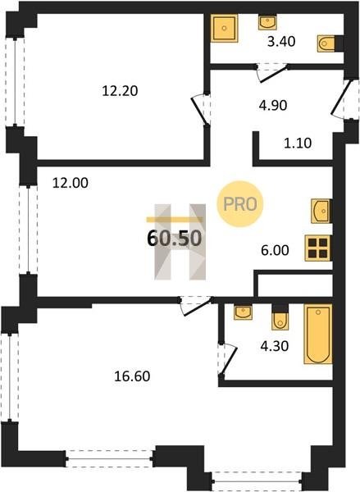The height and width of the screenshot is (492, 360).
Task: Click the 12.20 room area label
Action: pos(120,91)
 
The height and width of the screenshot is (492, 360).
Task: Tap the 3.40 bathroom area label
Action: pos(281,42)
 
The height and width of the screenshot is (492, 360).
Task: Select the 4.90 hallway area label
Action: pos(273,106)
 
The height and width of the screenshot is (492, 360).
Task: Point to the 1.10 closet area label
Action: pos(298,143)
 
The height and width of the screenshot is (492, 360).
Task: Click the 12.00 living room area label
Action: pos(71,183)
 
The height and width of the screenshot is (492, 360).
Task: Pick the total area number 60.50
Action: pos(174,238)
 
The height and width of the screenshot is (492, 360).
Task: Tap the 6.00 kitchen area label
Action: pos(275,250)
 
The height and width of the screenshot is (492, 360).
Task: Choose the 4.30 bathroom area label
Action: pos(275,346)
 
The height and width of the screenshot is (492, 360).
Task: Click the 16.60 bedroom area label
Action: pos(132,376)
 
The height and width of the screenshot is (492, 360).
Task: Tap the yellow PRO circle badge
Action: pos(240,204)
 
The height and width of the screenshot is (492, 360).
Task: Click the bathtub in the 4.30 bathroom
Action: pos(318,334)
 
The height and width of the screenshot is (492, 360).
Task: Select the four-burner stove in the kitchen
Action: pos(317,248)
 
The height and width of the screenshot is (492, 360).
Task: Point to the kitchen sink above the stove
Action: pos(321,212)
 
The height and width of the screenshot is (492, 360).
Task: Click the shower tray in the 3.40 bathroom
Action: pos(224,28)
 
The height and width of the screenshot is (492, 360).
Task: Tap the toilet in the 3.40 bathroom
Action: pos(326,43)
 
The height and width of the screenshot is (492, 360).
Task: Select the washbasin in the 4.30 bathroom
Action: pos(243,312)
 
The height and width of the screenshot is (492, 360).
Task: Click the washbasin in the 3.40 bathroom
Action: pos(267,22)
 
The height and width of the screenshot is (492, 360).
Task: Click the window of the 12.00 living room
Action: pos(28,230)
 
